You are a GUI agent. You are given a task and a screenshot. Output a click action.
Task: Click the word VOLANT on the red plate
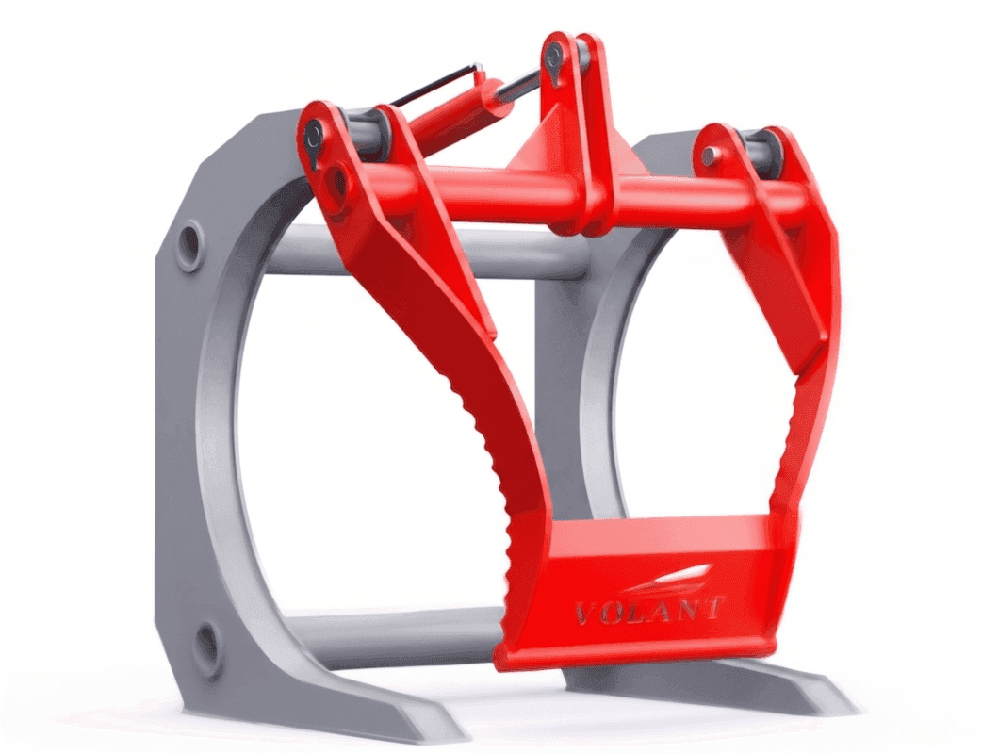pos(649,610)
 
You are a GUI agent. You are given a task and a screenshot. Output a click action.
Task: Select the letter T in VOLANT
pos(714,606)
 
